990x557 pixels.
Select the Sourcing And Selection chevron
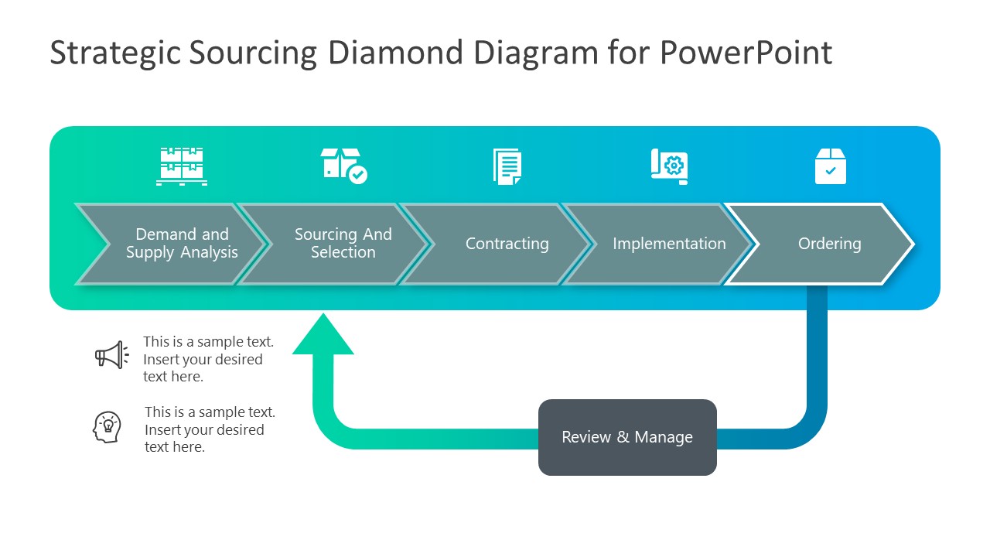(x=340, y=244)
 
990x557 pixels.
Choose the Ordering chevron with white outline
(x=828, y=244)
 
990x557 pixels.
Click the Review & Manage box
(x=627, y=437)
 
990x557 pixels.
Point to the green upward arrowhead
(x=323, y=337)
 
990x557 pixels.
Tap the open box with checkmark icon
(x=343, y=166)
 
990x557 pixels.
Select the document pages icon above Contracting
(x=507, y=166)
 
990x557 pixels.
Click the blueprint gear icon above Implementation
(x=670, y=166)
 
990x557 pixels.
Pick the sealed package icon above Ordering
(x=831, y=166)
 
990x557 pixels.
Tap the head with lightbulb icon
(x=108, y=427)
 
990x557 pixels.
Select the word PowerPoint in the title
(x=746, y=53)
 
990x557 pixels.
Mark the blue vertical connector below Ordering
(x=817, y=348)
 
